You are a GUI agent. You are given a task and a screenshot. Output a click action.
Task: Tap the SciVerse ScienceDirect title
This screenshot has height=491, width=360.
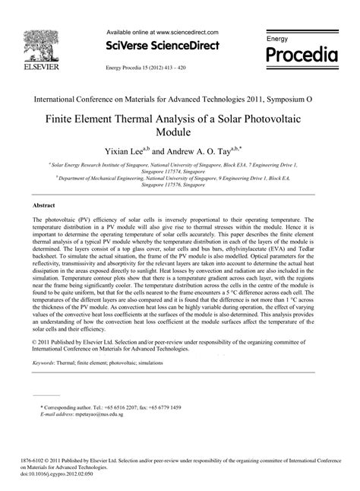click(162, 46)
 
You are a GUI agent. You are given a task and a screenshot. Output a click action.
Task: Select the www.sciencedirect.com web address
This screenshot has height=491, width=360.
click(186, 33)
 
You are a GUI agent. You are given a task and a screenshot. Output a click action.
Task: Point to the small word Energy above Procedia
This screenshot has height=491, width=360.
click(276, 37)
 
